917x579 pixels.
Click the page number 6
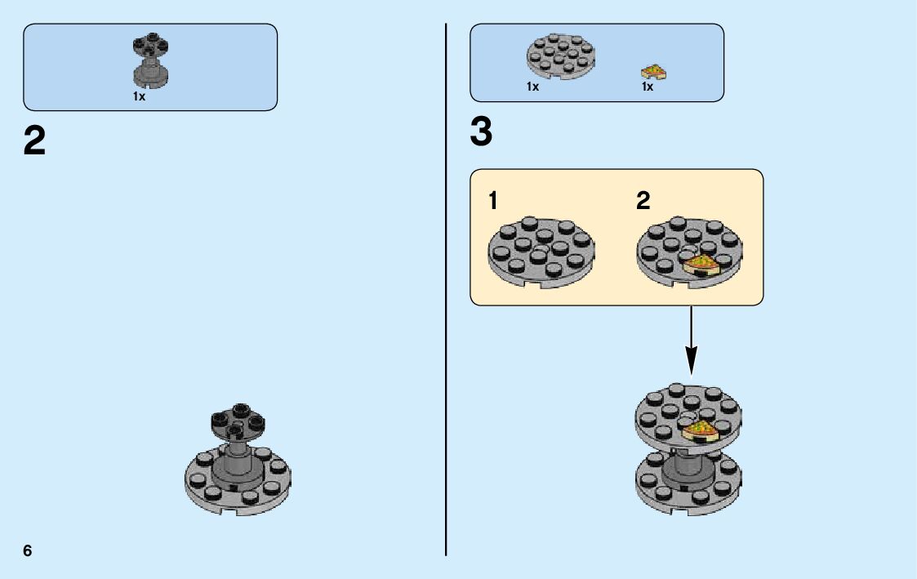coord(28,551)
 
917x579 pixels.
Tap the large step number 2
coord(35,142)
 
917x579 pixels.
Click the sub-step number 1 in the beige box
coord(493,201)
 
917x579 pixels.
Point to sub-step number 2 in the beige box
coord(643,201)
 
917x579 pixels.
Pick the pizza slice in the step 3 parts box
coord(654,73)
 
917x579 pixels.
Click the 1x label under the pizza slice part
coord(648,87)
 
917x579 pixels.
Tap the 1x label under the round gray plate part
coord(533,87)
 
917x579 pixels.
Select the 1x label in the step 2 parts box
coord(139,96)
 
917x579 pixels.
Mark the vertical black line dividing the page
coord(446,286)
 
